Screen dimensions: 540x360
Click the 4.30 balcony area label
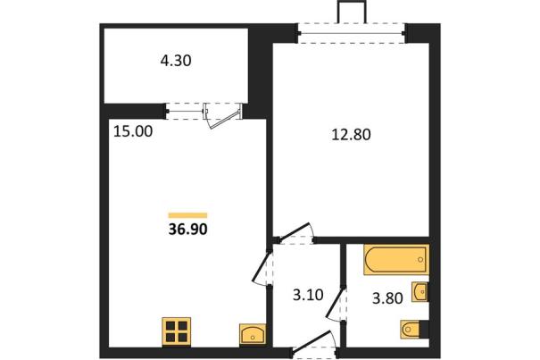coord(176,61)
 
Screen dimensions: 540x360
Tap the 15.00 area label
coord(133,131)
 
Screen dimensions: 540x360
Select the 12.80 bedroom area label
coord(352,135)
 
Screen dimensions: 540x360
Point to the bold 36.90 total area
coord(188,229)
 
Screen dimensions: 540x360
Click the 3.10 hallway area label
coord(308,295)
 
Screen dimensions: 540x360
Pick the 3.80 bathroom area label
coord(387,298)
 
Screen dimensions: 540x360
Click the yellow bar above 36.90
coord(187,215)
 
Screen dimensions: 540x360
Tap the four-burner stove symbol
coord(177,331)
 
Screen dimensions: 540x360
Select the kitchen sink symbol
coord(253,334)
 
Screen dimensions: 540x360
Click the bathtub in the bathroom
coord(396,260)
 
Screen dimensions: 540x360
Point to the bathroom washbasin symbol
coord(420,292)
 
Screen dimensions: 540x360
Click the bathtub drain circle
coord(420,260)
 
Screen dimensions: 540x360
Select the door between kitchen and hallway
coord(261,268)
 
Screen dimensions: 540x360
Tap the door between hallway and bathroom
coord(335,304)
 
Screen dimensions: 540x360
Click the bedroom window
coord(352,33)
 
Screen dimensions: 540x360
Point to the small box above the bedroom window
coord(352,13)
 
